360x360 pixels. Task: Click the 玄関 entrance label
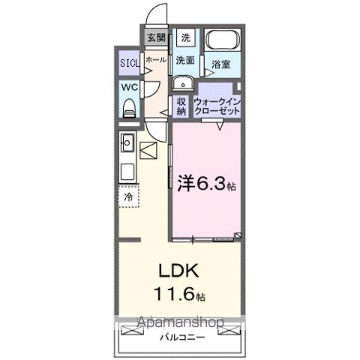tap(155, 37)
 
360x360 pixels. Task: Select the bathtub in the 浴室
tap(222, 40)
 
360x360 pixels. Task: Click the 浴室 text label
tap(220, 65)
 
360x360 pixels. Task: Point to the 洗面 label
tap(186, 60)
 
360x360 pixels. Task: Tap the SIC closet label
tap(129, 64)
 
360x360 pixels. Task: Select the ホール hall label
tap(155, 59)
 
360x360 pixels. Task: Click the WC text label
tap(128, 86)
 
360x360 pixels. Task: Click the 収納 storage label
tap(181, 106)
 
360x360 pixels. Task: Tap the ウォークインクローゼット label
tap(217, 106)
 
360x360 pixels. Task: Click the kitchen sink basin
tap(127, 141)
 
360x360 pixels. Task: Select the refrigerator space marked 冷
tap(128, 197)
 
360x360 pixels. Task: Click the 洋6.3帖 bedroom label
tap(206, 182)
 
